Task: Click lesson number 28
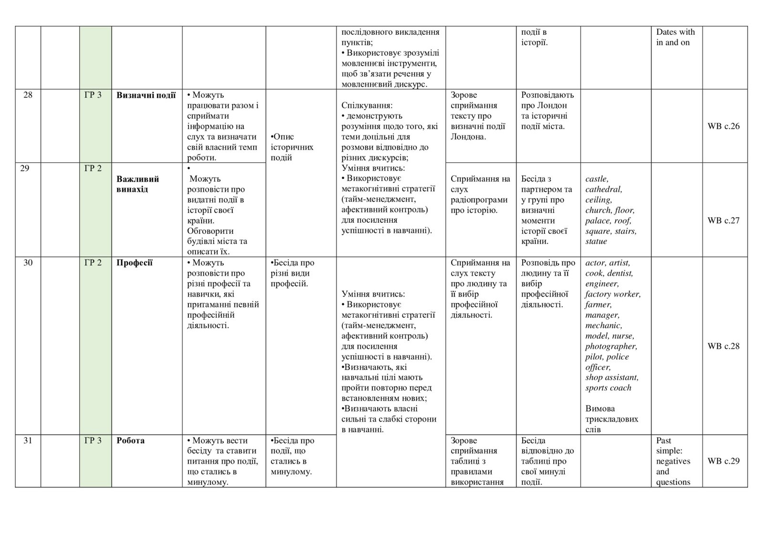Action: coord(28,95)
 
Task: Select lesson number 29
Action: coord(25,168)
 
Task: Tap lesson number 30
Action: coord(28,262)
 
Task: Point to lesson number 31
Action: coord(28,440)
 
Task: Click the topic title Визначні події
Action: coord(146,95)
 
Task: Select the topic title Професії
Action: coord(134,262)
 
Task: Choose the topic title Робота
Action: coord(130,440)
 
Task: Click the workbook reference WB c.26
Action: coord(723,126)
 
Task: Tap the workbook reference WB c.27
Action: coord(723,220)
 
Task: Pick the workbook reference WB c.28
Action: coord(723,346)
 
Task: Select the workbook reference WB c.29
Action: coord(723,461)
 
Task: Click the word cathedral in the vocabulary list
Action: coord(603,189)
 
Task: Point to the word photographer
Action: coord(610,346)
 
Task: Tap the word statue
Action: coord(596,241)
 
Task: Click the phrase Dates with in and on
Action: coord(675,37)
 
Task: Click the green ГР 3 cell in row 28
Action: coord(93,95)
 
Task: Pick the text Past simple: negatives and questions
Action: coord(673,461)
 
